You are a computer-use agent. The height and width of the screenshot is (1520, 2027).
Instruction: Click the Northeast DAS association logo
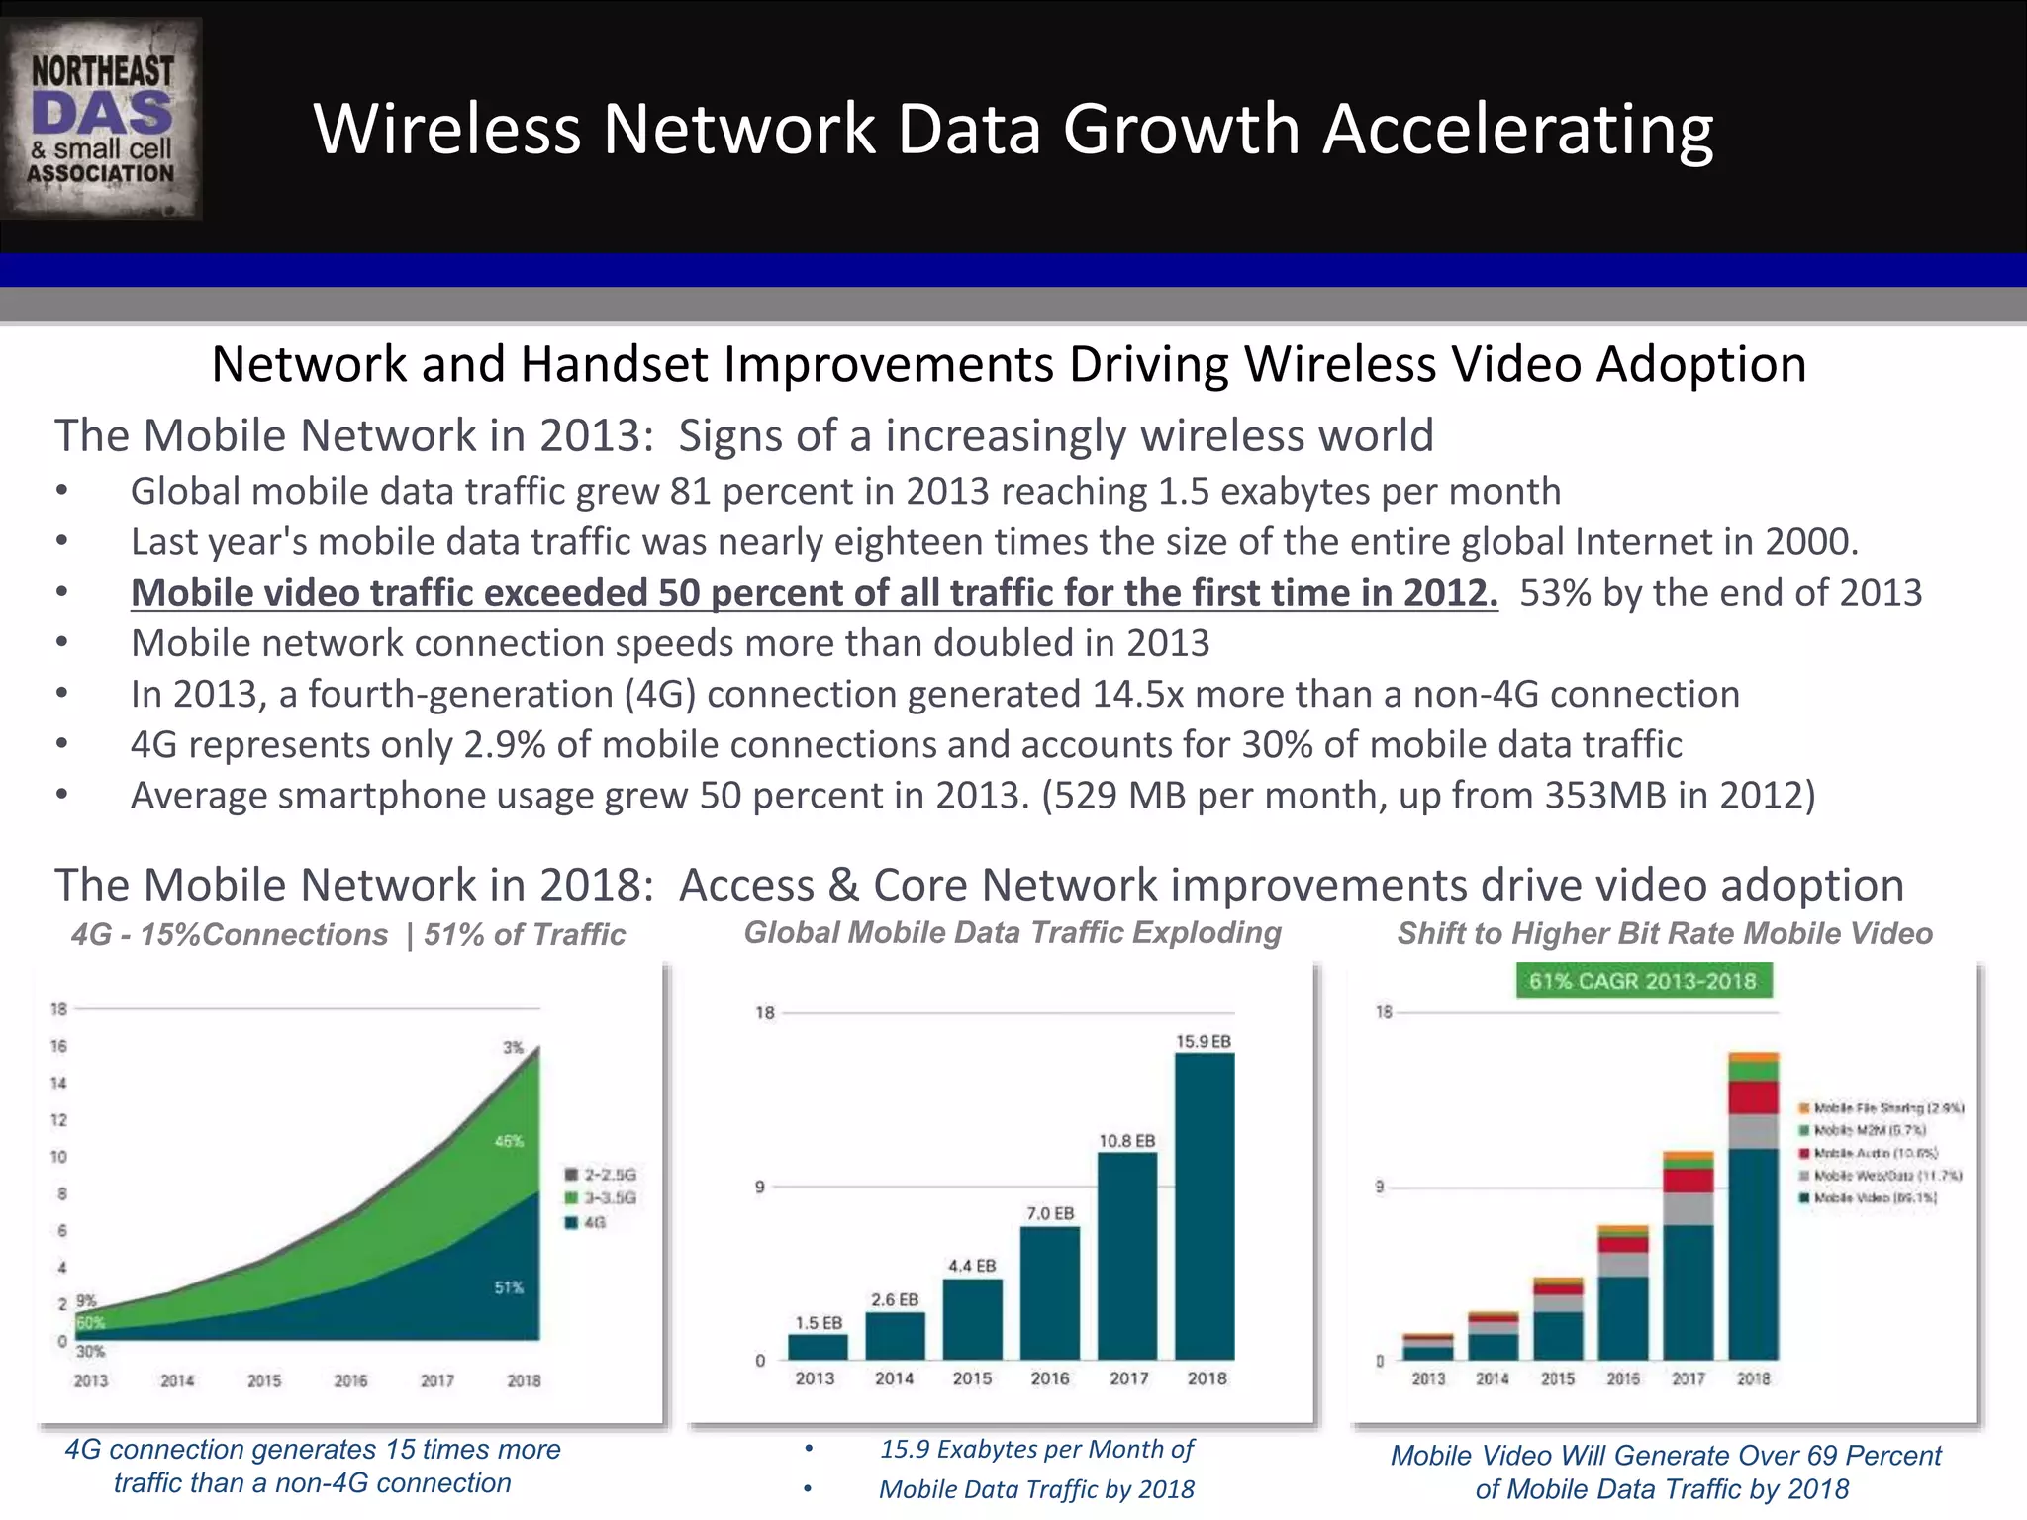pyautogui.click(x=102, y=119)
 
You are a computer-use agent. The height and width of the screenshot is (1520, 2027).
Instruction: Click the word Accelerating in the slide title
pyautogui.click(x=1517, y=130)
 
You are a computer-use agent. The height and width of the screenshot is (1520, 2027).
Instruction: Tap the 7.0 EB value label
pyautogui.click(x=1050, y=1213)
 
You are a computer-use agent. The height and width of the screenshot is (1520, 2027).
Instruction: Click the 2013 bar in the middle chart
pyautogui.click(x=818, y=1347)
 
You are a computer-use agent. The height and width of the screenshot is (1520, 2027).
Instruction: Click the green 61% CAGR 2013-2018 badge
pyautogui.click(x=1643, y=981)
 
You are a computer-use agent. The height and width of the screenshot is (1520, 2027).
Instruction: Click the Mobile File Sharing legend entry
pyautogui.click(x=1881, y=1108)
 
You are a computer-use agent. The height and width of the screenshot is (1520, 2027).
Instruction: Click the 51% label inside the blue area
pyautogui.click(x=509, y=1287)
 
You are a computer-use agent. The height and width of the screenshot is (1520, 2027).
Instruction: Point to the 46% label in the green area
pyautogui.click(x=509, y=1141)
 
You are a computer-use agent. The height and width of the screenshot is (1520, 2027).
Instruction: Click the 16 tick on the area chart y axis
pyautogui.click(x=59, y=1046)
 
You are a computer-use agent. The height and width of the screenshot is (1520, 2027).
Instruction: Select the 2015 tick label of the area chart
pyautogui.click(x=264, y=1380)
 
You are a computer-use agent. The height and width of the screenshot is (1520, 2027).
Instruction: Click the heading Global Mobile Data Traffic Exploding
pyautogui.click(x=1013, y=932)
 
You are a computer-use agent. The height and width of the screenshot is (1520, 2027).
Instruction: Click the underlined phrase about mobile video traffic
pyautogui.click(x=814, y=593)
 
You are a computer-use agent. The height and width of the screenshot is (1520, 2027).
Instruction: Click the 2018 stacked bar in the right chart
pyautogui.click(x=1753, y=1207)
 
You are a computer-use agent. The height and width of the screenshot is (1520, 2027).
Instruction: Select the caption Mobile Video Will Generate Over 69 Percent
pyautogui.click(x=1665, y=1456)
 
